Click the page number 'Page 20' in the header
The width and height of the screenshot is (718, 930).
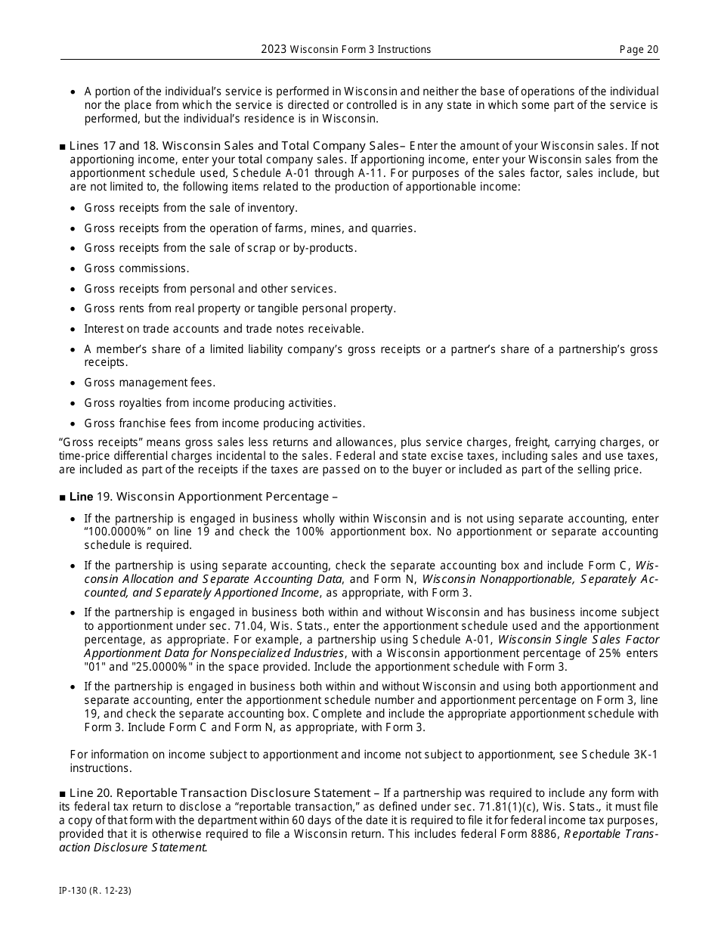coord(639,49)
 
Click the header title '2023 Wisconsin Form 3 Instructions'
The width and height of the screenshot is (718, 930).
coord(345,49)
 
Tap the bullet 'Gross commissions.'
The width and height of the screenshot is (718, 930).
coord(137,268)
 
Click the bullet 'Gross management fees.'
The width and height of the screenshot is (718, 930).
coord(150,383)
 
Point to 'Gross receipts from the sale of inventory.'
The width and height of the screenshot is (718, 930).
coord(190,208)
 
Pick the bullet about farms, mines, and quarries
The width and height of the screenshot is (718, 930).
coord(249,228)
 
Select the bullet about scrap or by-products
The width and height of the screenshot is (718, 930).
coord(220,248)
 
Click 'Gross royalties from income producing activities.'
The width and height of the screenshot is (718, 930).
coord(210,403)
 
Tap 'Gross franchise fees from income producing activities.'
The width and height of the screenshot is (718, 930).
coord(224,423)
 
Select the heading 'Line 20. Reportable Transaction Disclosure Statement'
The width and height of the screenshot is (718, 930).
coord(219,792)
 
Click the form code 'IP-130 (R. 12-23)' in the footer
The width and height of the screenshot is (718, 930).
coord(95,891)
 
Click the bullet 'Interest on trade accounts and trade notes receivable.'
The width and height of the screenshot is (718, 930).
coord(224,329)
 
